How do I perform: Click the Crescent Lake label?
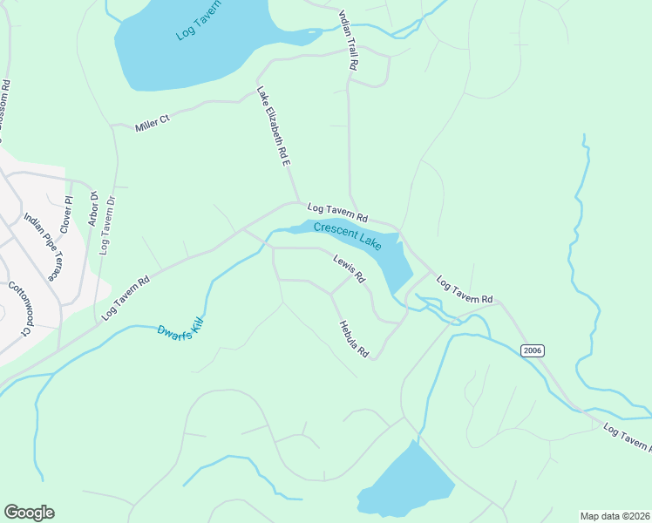click(347, 237)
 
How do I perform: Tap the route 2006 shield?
click(533, 350)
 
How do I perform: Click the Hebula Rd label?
click(354, 338)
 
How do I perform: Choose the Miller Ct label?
click(152, 125)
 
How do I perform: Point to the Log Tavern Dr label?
click(107, 225)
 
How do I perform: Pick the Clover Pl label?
click(65, 214)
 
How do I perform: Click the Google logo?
click(29, 513)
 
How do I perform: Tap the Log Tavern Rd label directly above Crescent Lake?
click(337, 212)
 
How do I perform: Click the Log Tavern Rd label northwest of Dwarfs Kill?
click(126, 298)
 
